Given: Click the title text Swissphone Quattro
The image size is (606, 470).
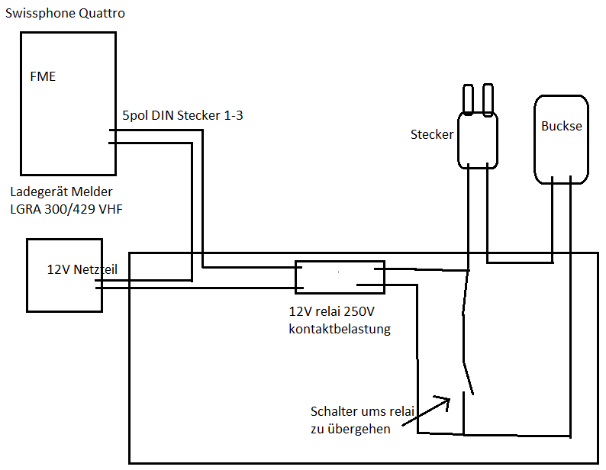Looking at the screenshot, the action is pos(65,14).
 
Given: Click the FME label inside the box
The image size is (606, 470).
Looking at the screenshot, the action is pos(43,76).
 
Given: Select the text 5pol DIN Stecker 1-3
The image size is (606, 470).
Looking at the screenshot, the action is pos(183,115).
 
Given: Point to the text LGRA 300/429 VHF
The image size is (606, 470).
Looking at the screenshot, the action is pos(66,209).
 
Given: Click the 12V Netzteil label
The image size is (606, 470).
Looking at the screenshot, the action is pos(82,269).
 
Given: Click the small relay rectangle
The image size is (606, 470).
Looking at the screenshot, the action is pos(340,277).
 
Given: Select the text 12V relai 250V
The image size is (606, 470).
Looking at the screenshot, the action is pos(331,311).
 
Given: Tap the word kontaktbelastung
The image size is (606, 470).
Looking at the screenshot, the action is pos(340,329).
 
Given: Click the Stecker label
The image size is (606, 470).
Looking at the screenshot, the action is pos(432,134).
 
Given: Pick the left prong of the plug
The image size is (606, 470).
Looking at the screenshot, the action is pos(468,99).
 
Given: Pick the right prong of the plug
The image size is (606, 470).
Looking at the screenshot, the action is pos(488,99).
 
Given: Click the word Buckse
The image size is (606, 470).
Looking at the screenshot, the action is pos(562,126).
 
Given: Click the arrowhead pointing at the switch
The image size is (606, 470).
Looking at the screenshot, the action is pos(444,402).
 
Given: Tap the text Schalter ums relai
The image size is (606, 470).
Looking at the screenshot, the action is pos(363,411).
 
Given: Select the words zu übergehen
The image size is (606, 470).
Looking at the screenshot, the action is pos(350,429).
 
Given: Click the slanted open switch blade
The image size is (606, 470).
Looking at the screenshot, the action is pos(469,378).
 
